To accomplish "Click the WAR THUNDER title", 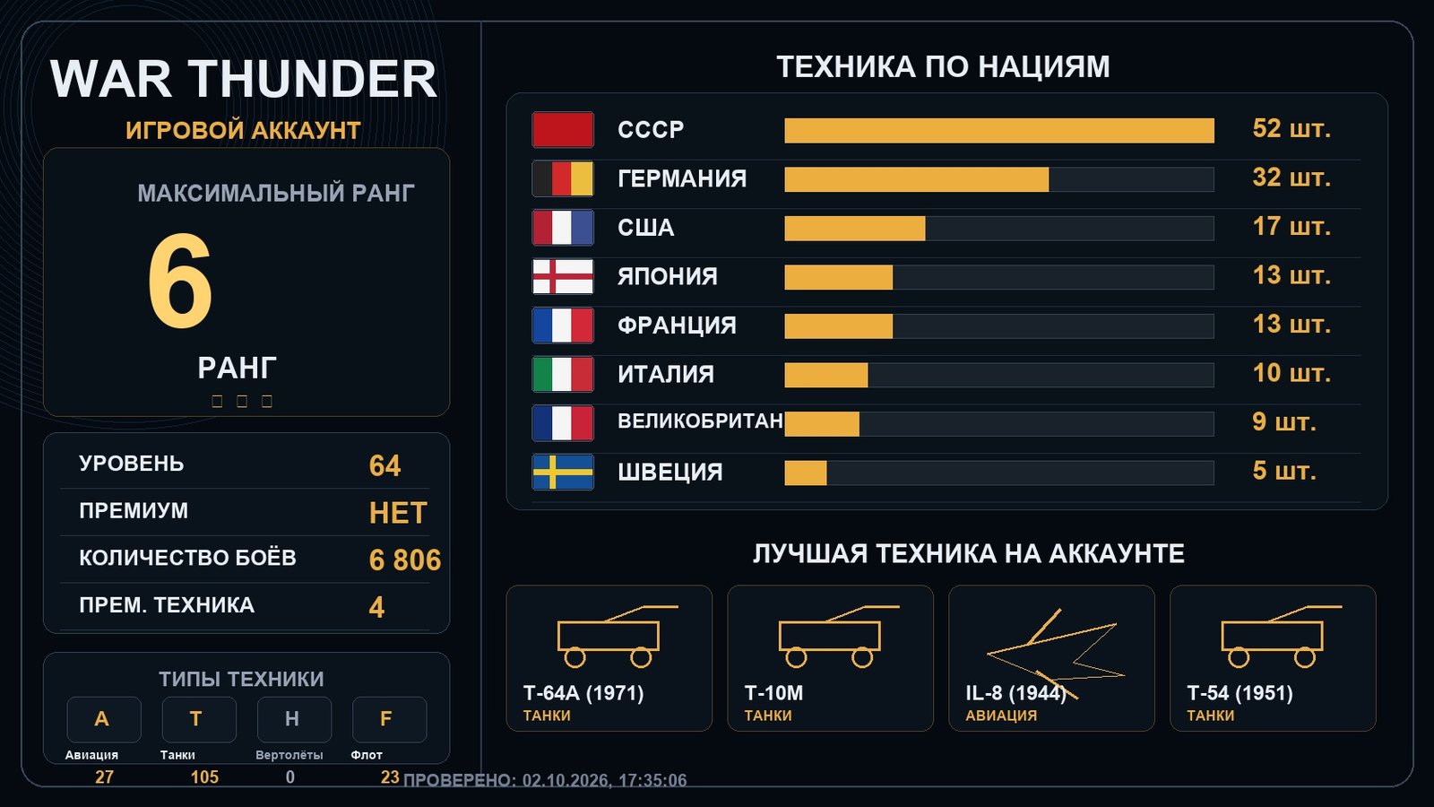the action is pyautogui.click(x=243, y=80).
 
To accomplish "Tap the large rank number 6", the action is pyautogui.click(x=180, y=281).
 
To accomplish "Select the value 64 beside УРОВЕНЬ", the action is pyautogui.click(x=384, y=465).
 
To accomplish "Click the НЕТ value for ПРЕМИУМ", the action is pyautogui.click(x=398, y=513).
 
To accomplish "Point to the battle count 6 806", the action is pyautogui.click(x=404, y=560).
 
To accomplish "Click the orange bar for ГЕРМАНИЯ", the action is pyautogui.click(x=917, y=179).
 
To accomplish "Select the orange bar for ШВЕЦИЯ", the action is pyautogui.click(x=806, y=473).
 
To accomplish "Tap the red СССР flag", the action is pyautogui.click(x=563, y=129).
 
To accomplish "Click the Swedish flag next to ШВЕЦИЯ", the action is pyautogui.click(x=563, y=472).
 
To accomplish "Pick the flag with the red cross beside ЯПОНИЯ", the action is pyautogui.click(x=563, y=276).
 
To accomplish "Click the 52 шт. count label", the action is pyautogui.click(x=1291, y=129).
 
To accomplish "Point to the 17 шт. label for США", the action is pyautogui.click(x=1291, y=227).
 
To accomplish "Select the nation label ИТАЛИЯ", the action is pyautogui.click(x=666, y=374).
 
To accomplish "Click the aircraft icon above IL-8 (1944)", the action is pyautogui.click(x=1056, y=654).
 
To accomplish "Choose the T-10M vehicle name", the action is pyautogui.click(x=773, y=693).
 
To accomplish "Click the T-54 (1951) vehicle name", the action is pyautogui.click(x=1240, y=693).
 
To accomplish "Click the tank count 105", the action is pyautogui.click(x=205, y=777).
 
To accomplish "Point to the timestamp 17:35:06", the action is pyautogui.click(x=653, y=780).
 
